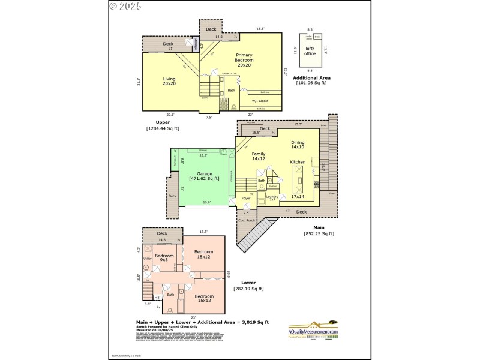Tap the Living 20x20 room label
click(169, 81)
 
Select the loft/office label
click(310, 52)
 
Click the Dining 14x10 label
click(298, 145)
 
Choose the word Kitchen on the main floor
click(298, 162)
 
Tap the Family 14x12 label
click(259, 157)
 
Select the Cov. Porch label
click(247, 220)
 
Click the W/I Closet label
click(259, 101)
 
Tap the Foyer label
click(246, 197)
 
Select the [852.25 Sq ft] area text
click(319, 233)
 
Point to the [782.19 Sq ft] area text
click(248, 289)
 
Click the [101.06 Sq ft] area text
click(311, 83)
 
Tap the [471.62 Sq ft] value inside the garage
click(204, 178)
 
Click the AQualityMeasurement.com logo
click(313, 331)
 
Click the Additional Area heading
click(311, 77)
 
